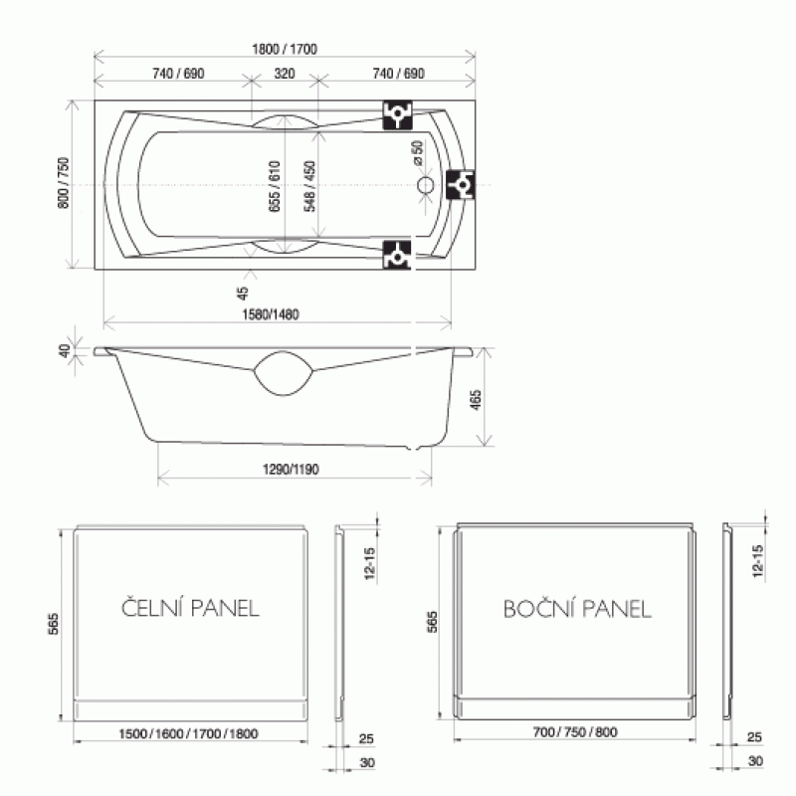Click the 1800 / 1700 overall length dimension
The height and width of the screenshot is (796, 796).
285,49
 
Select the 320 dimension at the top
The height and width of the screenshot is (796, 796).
285,74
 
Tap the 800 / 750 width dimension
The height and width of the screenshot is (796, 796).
64,183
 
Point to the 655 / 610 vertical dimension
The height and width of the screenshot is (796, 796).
275,186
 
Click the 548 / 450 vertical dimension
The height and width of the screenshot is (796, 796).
309,186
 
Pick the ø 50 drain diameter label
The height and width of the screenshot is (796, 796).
418,153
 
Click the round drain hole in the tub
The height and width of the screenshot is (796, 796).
426,185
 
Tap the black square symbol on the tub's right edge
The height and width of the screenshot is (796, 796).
461,185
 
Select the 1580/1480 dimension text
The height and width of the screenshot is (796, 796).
271,314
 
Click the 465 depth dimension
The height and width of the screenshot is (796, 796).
476,400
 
